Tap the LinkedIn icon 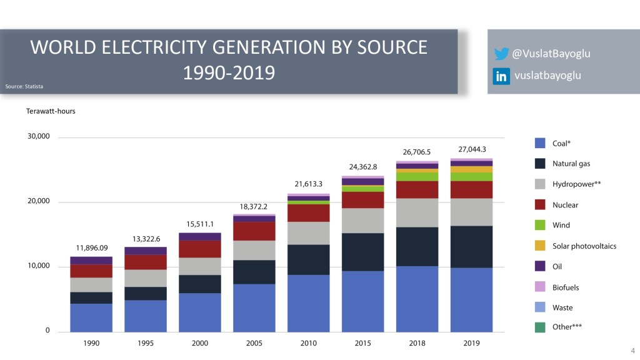501,76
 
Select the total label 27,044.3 472,149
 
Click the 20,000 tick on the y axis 38,201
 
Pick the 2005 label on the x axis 254,344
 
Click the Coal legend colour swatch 541,143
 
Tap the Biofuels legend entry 566,287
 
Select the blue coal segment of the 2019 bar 472,299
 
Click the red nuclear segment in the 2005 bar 254,231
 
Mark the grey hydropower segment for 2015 362,221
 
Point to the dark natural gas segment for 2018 417,246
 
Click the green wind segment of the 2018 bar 417,176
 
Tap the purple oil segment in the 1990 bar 91,260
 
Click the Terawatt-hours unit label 50,111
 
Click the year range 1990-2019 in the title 229,73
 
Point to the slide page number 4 632,350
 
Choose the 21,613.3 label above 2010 308,184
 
